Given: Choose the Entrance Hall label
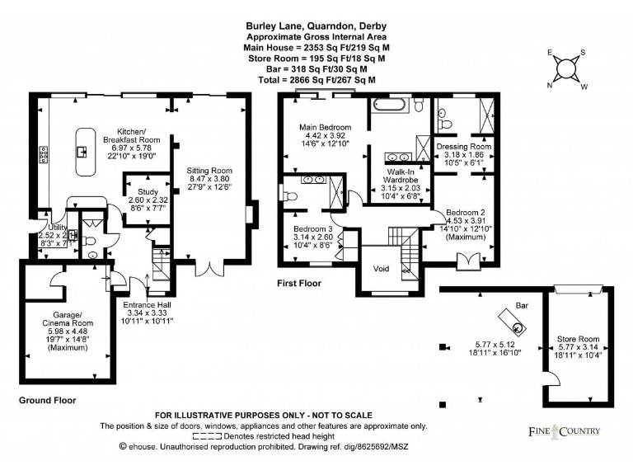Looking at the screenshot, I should pyautogui.click(x=146, y=305).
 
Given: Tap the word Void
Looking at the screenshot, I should pyautogui.click(x=381, y=269).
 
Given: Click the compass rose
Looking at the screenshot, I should pyautogui.click(x=566, y=69).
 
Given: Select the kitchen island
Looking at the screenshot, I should pyautogui.click(x=83, y=151).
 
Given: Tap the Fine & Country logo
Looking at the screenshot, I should pyautogui.click(x=565, y=431).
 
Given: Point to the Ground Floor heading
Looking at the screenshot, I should pyautogui.click(x=48, y=400).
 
